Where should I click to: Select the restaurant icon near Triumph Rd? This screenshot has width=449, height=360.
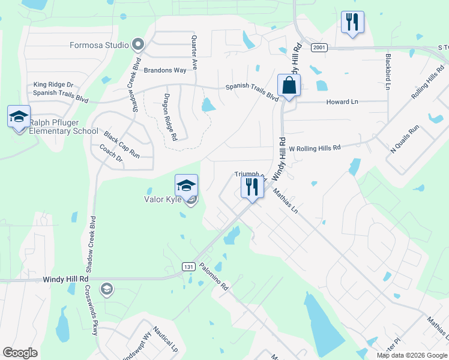pos(252,187)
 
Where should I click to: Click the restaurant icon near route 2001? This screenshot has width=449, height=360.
pos(351,23)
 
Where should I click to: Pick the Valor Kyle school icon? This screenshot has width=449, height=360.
pos(186,185)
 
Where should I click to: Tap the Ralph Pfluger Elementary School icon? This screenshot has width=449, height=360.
pos(19,116)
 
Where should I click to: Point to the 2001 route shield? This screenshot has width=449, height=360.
pos(318,47)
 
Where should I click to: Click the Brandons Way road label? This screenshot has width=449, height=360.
pos(164,70)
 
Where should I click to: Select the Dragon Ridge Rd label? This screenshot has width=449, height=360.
pos(170,116)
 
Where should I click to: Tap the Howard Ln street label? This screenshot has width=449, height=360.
pos(342,102)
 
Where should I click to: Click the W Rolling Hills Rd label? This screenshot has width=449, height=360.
pos(315,148)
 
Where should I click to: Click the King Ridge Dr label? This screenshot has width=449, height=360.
pos(53,85)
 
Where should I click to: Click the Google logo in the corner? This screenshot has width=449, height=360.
pos(20,353)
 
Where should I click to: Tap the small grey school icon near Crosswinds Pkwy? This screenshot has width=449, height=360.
pos(107,290)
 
